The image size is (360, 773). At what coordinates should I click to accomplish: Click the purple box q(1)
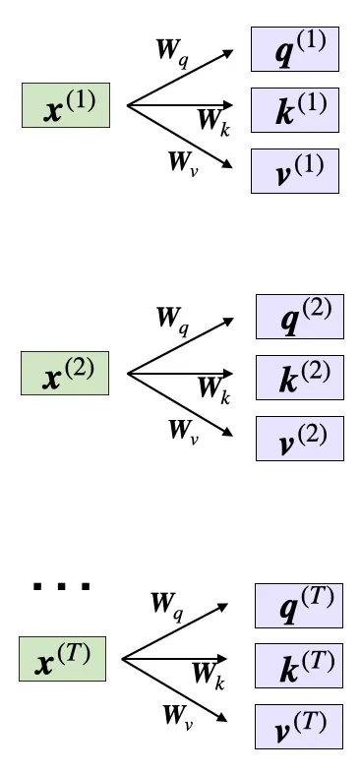click(x=295, y=49)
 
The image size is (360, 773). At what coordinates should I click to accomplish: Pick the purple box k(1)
click(x=295, y=110)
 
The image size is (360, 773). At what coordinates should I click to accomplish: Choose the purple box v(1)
click(x=295, y=170)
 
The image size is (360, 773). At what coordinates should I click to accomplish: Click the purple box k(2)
click(x=300, y=378)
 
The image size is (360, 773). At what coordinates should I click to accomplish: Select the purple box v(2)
click(x=300, y=438)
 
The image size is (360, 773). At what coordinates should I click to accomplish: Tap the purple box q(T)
click(x=298, y=606)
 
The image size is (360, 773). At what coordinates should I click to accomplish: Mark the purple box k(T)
click(x=298, y=667)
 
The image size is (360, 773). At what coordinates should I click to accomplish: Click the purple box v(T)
click(x=298, y=727)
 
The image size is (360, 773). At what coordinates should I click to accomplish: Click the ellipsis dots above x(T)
click(x=62, y=587)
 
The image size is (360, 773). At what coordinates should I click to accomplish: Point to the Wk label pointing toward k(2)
click(x=212, y=389)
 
